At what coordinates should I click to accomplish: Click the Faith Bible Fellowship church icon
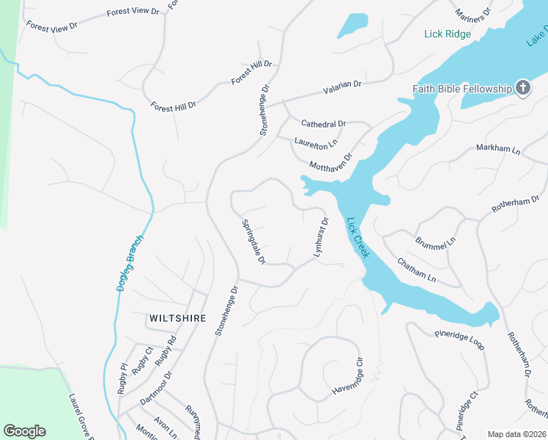click(523, 89)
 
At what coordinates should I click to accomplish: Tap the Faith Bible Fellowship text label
click(462, 89)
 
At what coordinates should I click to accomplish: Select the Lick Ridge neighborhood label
click(447, 34)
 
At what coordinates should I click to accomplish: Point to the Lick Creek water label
click(357, 237)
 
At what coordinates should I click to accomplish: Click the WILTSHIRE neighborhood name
click(177, 318)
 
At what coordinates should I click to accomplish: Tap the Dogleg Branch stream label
click(130, 263)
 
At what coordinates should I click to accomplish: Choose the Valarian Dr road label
click(342, 87)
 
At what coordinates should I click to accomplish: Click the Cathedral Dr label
click(323, 124)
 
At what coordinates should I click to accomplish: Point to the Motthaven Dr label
click(331, 161)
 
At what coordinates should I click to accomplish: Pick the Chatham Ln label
click(416, 270)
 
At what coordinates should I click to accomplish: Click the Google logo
click(24, 431)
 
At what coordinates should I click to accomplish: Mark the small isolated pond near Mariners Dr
click(352, 25)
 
